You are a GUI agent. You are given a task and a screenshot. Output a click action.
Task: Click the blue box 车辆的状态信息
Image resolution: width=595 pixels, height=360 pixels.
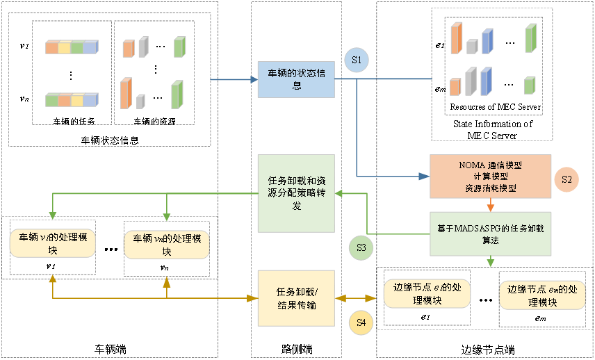pyautogui.click(x=296, y=79)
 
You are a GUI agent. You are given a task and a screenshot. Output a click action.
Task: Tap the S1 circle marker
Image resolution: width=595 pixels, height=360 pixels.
pyautogui.click(x=357, y=60)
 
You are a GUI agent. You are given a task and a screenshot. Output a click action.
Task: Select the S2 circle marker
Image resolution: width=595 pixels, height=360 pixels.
pyautogui.click(x=566, y=179)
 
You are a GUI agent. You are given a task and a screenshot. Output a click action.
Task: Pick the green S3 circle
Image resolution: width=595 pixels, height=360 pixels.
pyautogui.click(x=361, y=247)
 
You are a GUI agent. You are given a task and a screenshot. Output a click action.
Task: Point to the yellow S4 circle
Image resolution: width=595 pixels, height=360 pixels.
pyautogui.click(x=361, y=322)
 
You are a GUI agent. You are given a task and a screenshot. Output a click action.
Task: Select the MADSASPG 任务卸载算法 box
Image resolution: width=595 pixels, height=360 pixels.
pyautogui.click(x=490, y=233)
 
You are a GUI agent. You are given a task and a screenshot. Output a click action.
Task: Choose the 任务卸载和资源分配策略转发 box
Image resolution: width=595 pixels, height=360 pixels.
pyautogui.click(x=296, y=193)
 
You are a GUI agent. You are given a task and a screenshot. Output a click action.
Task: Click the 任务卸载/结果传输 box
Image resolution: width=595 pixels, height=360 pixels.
pyautogui.click(x=296, y=298)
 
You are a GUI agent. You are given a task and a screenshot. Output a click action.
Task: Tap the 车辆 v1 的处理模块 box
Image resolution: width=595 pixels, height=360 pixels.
pyautogui.click(x=53, y=243)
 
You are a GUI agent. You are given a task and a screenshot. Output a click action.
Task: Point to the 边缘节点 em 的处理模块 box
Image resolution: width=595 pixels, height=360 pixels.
pyautogui.click(x=543, y=295)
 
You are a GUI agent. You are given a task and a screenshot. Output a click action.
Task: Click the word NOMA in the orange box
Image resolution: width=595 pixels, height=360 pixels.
pyautogui.click(x=473, y=165)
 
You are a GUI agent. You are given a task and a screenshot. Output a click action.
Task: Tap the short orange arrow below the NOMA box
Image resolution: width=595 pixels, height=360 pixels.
pyautogui.click(x=490, y=205)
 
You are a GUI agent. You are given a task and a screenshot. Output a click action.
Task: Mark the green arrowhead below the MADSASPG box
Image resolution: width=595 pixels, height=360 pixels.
pyautogui.click(x=490, y=262)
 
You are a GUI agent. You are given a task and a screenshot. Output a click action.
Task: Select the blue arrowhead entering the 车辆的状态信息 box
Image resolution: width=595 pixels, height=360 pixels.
pyautogui.click(x=253, y=79)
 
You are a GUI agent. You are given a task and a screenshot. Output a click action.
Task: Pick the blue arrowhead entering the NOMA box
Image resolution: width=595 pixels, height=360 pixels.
pyautogui.click(x=425, y=177)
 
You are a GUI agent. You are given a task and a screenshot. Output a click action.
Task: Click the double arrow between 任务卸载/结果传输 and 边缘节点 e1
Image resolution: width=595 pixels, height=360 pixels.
pyautogui.click(x=359, y=298)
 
